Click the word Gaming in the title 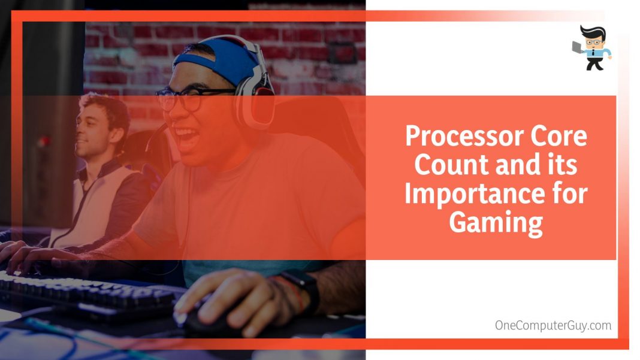click(x=496, y=222)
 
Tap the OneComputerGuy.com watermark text click(x=553, y=325)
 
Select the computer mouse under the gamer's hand click(x=210, y=323)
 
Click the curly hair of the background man click(x=108, y=108)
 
